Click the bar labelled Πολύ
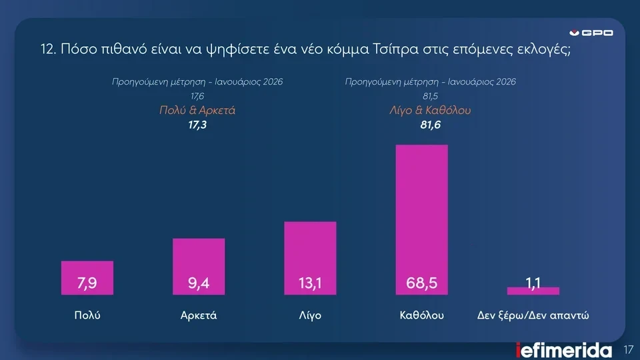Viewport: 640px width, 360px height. [87, 277]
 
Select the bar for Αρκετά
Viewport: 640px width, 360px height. [199, 266]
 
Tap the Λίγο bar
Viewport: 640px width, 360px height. [310, 257]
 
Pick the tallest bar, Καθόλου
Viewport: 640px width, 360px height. [422, 219]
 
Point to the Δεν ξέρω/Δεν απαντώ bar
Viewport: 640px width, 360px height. [533, 291]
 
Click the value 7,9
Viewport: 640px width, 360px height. [87, 284]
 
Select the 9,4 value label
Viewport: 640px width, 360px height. [199, 284]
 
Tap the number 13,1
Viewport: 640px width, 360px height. [310, 284]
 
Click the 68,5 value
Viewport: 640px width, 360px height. [422, 284]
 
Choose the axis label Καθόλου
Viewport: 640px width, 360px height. [422, 315]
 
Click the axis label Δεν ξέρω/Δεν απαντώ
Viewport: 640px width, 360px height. [534, 315]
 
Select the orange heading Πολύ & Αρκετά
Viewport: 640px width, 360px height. [197, 111]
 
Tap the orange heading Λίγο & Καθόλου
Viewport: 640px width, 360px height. [430, 111]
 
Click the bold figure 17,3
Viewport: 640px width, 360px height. [197, 125]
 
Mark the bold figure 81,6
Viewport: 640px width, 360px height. [430, 125]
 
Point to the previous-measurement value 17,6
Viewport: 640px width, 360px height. [197, 97]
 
